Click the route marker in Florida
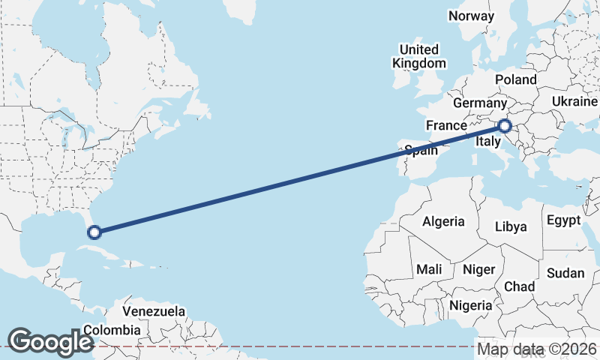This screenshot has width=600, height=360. [94, 232]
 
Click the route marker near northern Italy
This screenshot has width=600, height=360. [505, 126]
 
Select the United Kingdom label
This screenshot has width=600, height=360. [419, 56]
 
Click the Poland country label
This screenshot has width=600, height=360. [516, 79]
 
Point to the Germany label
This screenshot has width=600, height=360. [481, 103]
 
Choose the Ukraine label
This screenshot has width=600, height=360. [574, 101]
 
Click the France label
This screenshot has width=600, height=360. [446, 124]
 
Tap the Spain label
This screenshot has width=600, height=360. [421, 150]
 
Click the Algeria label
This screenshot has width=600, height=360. [443, 222]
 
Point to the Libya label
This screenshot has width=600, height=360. [511, 226]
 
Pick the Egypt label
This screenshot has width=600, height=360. [563, 220]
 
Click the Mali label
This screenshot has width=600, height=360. [430, 269]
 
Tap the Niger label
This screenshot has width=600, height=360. [479, 269]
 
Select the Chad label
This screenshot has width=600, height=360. [520, 286]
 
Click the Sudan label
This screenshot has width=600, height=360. [565, 273]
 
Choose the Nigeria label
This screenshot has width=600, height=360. [470, 305]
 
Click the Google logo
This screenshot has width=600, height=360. [51, 341]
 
